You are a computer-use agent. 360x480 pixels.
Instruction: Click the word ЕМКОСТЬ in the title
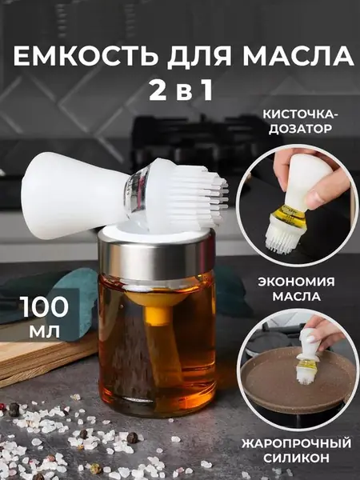[86, 56]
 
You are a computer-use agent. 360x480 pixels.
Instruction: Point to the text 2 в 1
[180, 91]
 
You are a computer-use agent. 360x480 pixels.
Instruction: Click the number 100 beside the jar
[44, 307]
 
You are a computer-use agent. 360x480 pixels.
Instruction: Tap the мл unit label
[45, 331]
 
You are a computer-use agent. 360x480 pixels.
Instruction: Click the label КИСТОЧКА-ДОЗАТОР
[300, 122]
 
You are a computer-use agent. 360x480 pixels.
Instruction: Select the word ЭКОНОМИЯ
[296, 282]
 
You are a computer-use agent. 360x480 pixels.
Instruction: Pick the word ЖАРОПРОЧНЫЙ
[296, 443]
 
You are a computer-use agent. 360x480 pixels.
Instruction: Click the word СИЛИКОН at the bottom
[296, 458]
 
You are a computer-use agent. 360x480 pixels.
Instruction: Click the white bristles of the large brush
[196, 196]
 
